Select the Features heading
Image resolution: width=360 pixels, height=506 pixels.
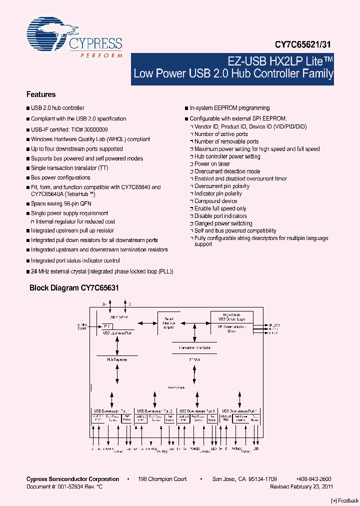pos(41,94)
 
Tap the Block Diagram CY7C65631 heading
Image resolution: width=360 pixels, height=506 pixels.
pos(74,288)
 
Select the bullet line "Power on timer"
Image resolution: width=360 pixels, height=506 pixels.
pos(212,164)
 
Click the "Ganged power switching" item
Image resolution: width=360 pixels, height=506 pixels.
pos(223,223)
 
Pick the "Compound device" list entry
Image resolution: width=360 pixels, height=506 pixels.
pos(215,201)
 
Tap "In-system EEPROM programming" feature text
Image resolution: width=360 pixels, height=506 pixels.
pos(229,108)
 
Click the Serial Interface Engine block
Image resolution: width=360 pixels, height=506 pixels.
pos(169,323)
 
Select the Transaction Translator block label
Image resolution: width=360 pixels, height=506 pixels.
pos(194,347)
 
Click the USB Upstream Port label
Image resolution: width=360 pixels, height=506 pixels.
pos(117,332)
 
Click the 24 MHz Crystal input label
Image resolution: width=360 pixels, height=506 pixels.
pos(81,326)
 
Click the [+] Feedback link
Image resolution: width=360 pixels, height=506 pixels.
pos(345,500)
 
